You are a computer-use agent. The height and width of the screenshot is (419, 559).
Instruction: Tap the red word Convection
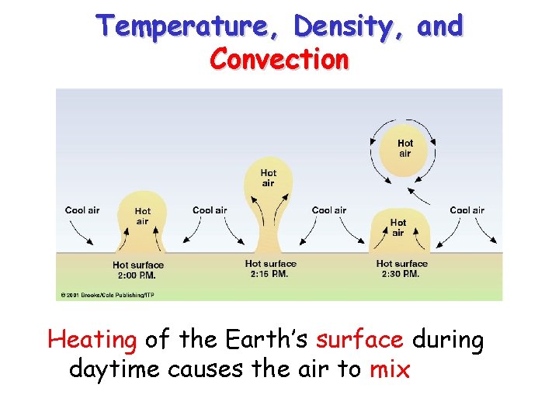click(279, 58)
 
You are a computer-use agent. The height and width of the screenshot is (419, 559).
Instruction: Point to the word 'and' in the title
click(439, 26)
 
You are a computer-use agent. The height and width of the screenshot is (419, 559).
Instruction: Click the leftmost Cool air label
click(82, 210)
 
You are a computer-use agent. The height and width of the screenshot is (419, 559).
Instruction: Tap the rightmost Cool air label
click(467, 210)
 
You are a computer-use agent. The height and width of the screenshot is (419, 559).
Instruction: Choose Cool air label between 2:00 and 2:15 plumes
click(210, 210)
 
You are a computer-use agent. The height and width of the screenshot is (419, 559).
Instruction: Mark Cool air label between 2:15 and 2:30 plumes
click(329, 210)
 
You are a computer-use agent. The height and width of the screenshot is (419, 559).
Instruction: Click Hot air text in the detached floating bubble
click(405, 148)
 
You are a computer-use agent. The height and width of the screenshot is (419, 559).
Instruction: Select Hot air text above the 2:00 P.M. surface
click(143, 216)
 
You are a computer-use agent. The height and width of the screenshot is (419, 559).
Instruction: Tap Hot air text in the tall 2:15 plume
click(268, 178)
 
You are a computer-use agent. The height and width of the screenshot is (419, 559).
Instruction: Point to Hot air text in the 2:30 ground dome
click(398, 227)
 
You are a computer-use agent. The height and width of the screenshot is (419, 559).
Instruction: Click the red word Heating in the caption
click(92, 340)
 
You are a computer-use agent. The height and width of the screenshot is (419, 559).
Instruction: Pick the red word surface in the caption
click(359, 340)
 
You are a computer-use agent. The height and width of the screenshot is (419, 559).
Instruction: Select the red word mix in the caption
click(390, 369)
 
